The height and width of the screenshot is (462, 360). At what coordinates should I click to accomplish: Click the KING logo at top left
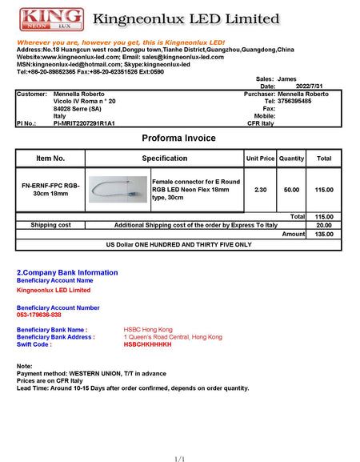point(50,19)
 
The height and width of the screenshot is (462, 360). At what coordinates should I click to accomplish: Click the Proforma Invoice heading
point(179,139)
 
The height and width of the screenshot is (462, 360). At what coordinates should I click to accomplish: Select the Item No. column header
point(50,159)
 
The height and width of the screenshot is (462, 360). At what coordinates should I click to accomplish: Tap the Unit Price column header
point(261,159)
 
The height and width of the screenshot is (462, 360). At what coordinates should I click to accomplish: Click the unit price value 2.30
point(260,189)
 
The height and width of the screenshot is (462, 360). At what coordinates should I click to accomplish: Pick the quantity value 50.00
point(292,189)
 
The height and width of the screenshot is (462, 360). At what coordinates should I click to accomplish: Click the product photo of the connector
point(118,190)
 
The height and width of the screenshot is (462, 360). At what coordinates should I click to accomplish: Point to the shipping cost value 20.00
point(323,225)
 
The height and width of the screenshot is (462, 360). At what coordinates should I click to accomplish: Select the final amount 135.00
point(323,235)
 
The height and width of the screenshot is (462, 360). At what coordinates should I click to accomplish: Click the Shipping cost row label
point(50,225)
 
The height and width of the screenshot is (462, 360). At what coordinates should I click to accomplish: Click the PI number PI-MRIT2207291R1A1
point(84,123)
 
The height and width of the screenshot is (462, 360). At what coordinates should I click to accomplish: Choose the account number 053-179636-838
point(39,315)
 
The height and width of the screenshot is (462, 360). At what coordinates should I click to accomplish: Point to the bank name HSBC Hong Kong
point(148,329)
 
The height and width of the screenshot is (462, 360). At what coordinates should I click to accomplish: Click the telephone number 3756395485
point(303,101)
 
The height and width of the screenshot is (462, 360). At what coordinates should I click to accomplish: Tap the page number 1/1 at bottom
point(179,459)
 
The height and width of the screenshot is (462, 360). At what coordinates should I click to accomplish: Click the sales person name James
point(286,79)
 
